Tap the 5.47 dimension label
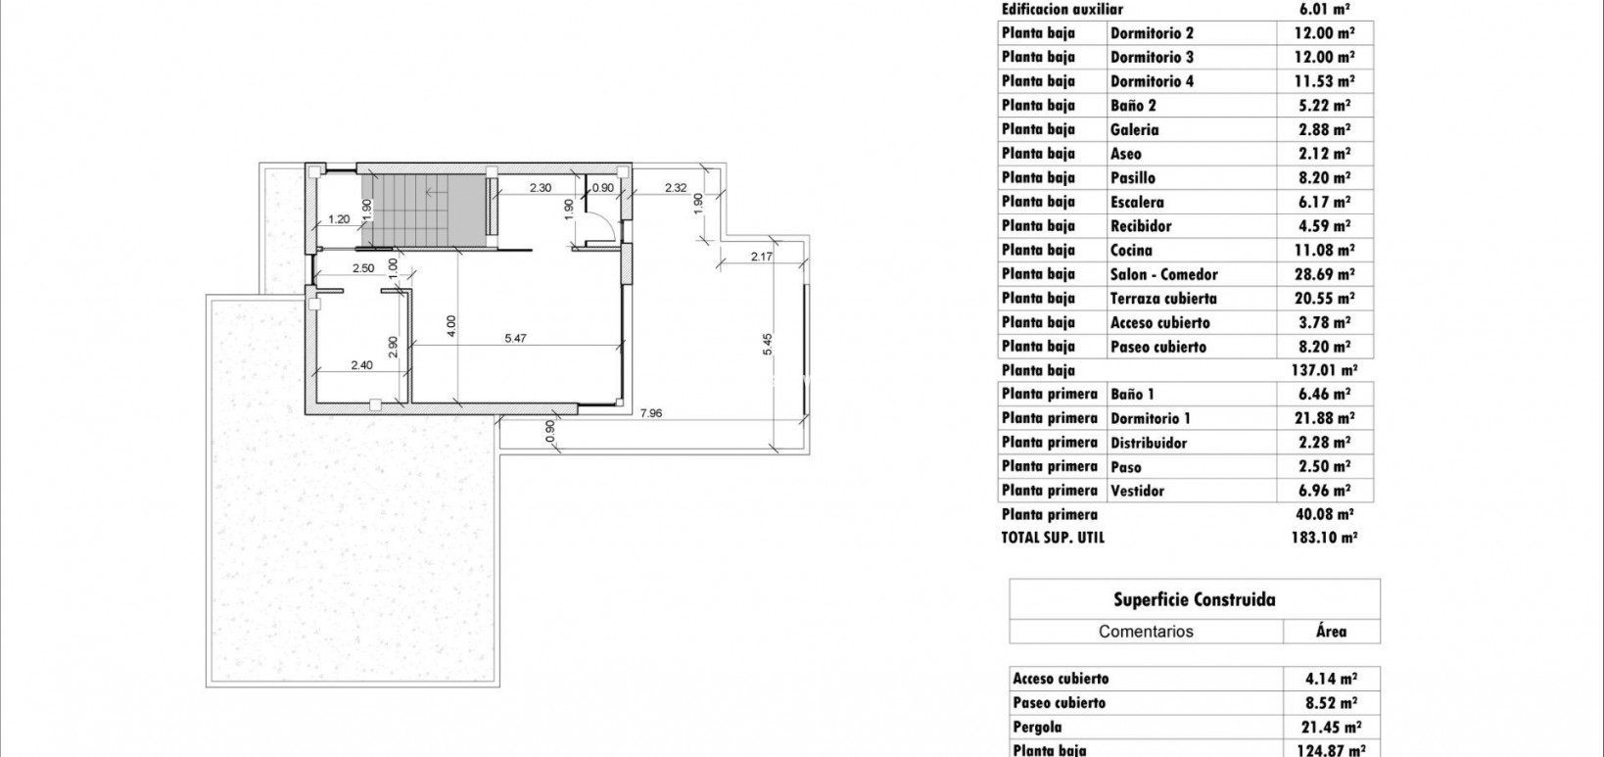point(515,338)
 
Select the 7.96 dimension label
point(651,413)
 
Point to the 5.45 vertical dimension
point(769,344)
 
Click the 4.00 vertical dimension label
point(450,324)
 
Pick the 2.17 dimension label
point(762,257)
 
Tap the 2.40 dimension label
point(361,366)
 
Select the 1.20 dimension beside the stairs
point(339,219)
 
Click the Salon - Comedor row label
point(1163,274)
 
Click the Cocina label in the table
point(1132,251)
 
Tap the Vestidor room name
point(1137,491)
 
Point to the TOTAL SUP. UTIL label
point(1053,538)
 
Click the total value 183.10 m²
point(1324,538)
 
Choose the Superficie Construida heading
point(1195,599)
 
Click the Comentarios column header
point(1146,632)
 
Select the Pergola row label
point(1037,728)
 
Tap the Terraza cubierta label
point(1163,299)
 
